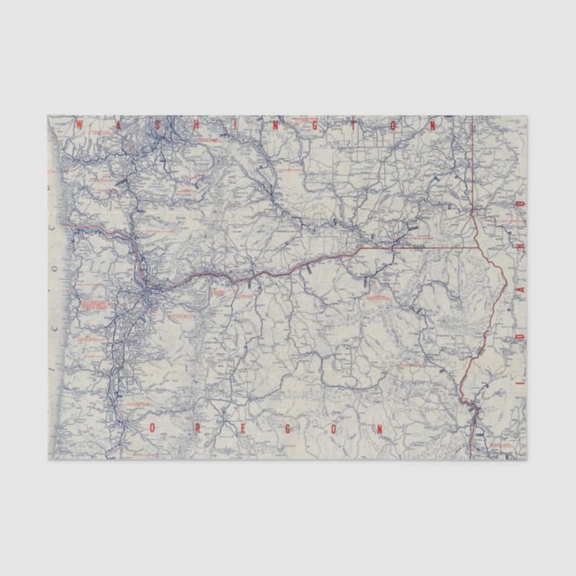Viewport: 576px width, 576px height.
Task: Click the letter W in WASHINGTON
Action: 80,126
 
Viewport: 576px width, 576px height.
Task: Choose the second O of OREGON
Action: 335,429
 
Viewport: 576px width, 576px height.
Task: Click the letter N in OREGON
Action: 382,429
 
